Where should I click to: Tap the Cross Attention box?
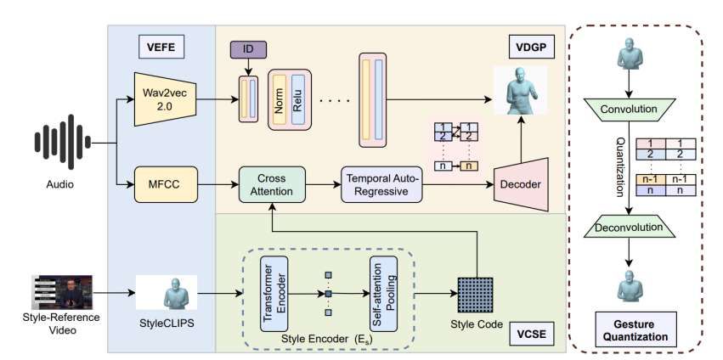coord(272,183)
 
